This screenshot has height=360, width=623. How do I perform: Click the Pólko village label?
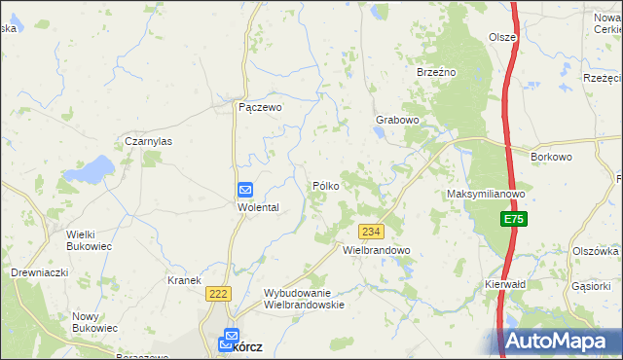click(x=325, y=185)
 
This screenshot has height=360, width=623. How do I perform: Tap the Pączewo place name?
click(x=260, y=109)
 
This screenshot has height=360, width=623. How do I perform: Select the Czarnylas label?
click(x=148, y=141)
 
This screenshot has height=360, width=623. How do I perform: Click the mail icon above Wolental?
click(x=245, y=191)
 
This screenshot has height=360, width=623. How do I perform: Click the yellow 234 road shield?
click(x=371, y=232)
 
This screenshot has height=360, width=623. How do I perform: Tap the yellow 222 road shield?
click(x=217, y=293)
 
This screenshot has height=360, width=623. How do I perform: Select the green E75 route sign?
click(x=514, y=221)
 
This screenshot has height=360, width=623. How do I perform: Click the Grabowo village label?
click(x=397, y=121)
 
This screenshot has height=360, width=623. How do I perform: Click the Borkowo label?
click(x=550, y=156)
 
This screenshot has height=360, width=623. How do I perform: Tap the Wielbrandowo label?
click(x=377, y=250)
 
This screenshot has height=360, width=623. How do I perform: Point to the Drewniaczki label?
click(x=39, y=273)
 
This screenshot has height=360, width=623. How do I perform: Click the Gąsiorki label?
click(x=591, y=286)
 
